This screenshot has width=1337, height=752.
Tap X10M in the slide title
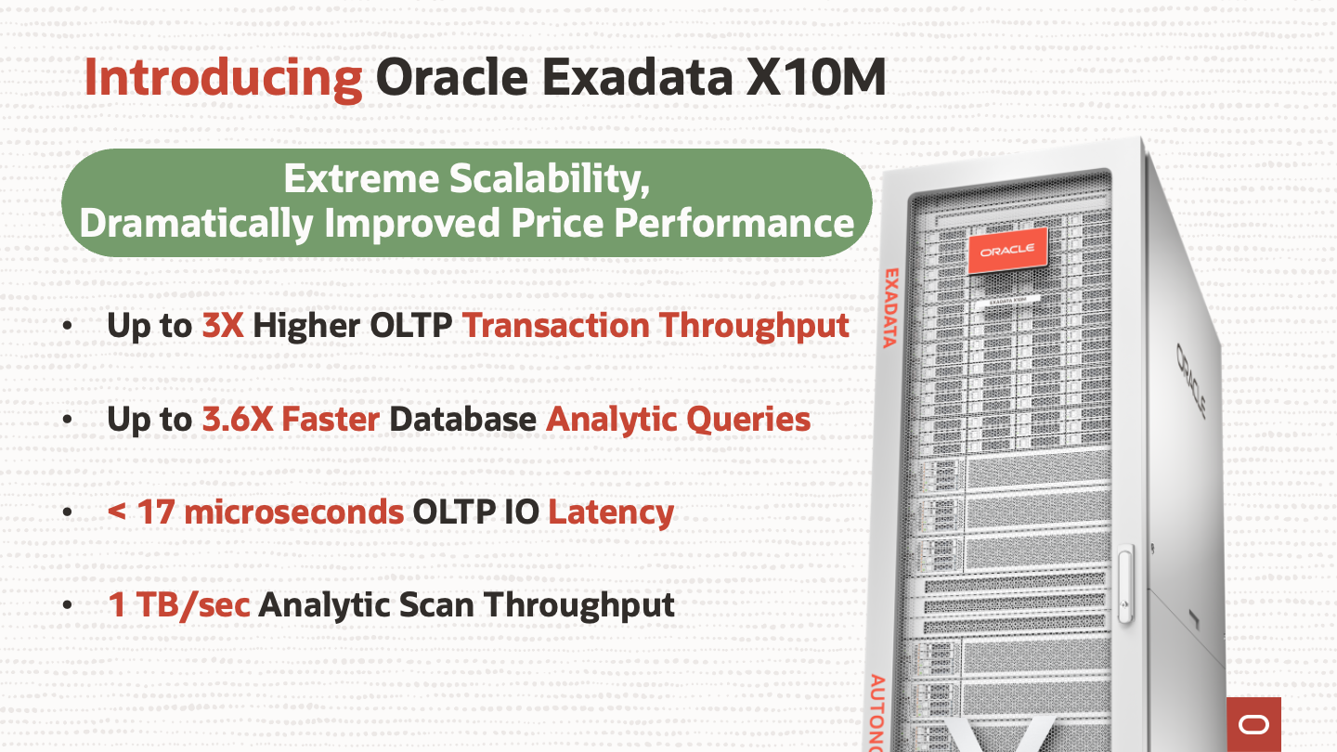pos(816,77)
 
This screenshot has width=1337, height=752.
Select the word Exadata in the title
pos(637,77)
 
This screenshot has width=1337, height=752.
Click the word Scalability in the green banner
pos(549,180)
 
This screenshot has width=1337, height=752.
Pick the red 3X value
pos(223,326)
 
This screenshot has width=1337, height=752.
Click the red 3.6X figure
pos(237,419)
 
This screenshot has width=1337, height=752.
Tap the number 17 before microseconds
pos(156,512)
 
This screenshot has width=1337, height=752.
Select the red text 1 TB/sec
pos(179,604)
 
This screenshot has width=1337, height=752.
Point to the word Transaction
pos(555,326)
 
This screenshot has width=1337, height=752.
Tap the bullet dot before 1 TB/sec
pos(67,605)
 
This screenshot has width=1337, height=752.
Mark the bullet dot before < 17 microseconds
pos(67,512)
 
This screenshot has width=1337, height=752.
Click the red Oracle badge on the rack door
pos(1007,250)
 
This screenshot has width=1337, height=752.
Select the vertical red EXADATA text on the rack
pos(890,308)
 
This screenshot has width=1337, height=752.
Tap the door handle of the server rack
pos(1125,584)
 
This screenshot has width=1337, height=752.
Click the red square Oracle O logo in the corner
pos(1253,724)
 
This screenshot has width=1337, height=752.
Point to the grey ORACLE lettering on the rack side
pos(1191,380)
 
